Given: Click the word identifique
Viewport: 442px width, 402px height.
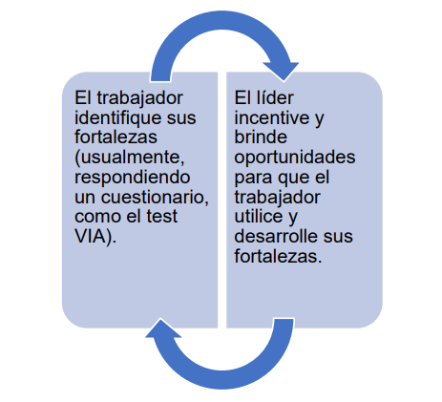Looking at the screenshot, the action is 119,118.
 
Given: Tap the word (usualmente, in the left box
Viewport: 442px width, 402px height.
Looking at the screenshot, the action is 130,158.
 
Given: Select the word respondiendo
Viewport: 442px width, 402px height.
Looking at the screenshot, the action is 133,178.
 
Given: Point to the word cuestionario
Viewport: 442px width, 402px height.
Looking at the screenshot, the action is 155,197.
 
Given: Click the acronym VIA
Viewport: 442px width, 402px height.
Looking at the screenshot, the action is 90,236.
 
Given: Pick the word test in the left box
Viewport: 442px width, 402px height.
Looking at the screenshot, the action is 161,217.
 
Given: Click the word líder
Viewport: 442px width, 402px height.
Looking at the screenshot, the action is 273,97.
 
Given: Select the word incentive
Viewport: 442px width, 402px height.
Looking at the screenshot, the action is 272,118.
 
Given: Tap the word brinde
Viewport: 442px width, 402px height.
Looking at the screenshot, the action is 261,138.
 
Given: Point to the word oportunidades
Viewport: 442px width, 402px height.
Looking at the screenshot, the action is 295,158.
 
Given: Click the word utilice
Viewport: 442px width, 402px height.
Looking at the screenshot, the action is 259,217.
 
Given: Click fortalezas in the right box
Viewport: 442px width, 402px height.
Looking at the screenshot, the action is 278,256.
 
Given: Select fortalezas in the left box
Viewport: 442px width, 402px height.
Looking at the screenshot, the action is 116,138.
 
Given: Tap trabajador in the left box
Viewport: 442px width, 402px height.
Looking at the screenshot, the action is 139,98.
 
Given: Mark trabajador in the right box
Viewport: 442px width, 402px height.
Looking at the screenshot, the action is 277,198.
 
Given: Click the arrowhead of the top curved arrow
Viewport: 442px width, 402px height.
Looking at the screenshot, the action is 282,71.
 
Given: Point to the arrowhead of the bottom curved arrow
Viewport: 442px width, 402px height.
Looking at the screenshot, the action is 163,328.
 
